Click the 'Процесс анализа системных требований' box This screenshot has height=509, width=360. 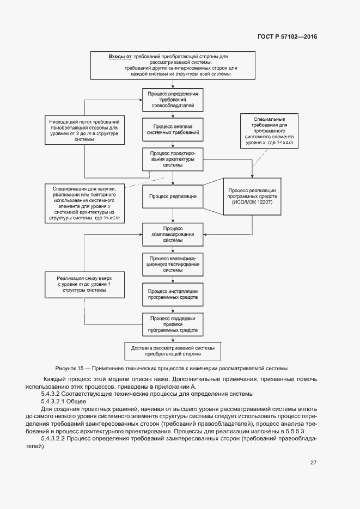[172, 129]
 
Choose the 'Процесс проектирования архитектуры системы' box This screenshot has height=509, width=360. [172, 160]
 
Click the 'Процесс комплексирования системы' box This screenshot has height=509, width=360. [172, 234]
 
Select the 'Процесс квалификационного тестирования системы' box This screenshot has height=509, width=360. [172, 265]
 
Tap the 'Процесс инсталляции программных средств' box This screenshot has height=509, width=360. [172, 295]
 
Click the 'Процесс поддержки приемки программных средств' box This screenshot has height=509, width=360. [172, 324]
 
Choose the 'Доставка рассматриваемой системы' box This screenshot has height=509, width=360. [172, 351]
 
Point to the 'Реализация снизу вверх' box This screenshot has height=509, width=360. [84, 283]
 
